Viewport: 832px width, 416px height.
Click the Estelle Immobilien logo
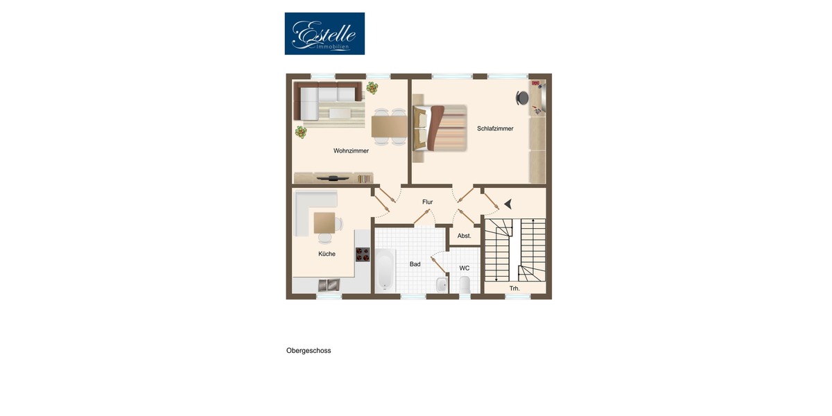point(324,33)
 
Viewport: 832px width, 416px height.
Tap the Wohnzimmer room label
point(351,150)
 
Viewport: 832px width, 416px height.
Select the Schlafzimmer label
point(495,128)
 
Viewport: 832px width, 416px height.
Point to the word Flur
point(428,202)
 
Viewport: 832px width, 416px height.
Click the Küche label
point(327,254)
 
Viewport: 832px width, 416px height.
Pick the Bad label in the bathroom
point(415,264)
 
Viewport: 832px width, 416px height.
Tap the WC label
point(465,268)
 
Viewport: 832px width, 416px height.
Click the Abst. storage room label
point(464,236)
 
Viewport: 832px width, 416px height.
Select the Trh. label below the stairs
point(514,288)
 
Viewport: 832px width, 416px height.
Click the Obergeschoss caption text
point(309,351)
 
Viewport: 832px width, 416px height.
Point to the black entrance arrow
point(508,204)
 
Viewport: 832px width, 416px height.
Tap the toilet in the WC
point(465,284)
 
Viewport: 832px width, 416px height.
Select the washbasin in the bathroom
point(441,284)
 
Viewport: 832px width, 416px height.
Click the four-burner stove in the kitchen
point(363,254)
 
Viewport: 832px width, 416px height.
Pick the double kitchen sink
point(329,284)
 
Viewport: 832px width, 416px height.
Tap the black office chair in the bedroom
point(522,98)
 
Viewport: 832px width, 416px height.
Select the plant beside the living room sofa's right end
point(372,87)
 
